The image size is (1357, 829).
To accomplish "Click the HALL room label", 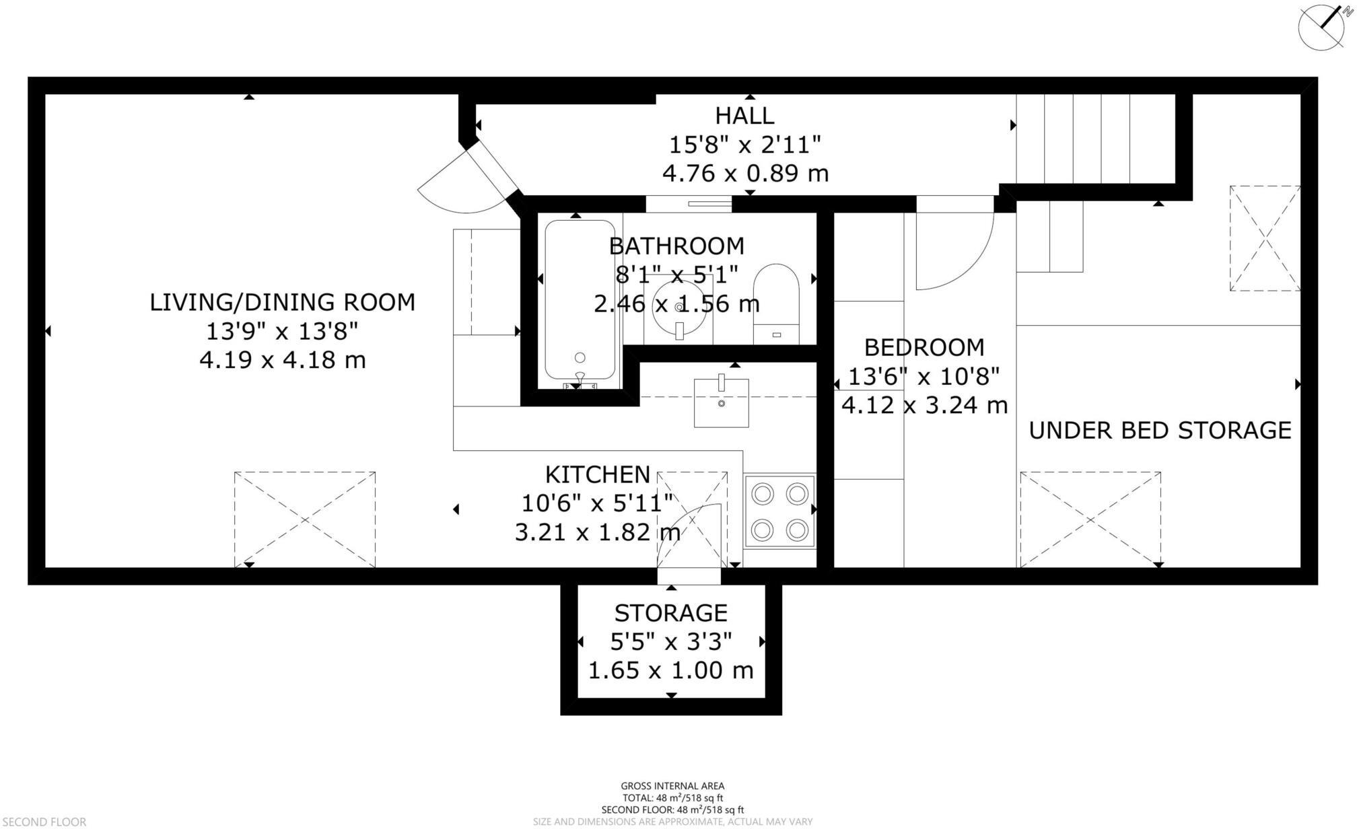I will [x=744, y=116].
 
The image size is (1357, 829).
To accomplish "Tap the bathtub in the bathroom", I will [x=580, y=299].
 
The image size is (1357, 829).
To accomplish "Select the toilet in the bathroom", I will [x=776, y=303].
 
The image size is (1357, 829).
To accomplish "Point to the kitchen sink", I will [x=721, y=402].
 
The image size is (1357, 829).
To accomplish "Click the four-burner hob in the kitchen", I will [x=779, y=512].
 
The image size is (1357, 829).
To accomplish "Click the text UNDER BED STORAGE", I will [x=1160, y=431].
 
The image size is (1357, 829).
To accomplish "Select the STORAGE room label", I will [x=670, y=613].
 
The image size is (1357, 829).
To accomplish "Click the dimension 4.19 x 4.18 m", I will [x=282, y=360].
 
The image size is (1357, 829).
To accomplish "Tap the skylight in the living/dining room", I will [x=305, y=519].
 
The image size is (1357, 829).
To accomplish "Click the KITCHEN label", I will [x=597, y=474].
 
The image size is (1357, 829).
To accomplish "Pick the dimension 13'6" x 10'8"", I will [x=924, y=376].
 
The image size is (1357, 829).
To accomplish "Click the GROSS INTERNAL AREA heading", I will [x=672, y=786].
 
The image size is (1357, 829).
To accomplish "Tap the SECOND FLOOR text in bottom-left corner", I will [x=43, y=822].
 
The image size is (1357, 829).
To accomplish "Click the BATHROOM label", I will [x=676, y=246].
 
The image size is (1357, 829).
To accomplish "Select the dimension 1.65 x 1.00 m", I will [x=670, y=670].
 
